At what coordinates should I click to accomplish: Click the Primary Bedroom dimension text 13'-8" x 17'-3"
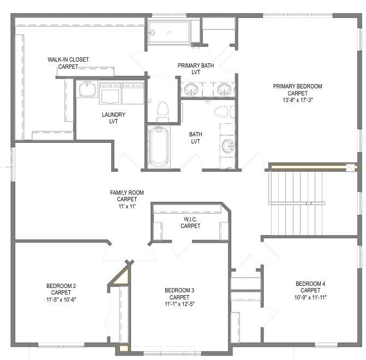[x=298, y=100]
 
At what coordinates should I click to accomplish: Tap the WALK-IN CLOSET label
[x=68, y=59]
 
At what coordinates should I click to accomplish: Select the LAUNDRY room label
[x=113, y=115]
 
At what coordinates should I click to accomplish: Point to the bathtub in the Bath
[x=159, y=147]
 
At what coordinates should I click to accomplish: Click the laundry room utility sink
[x=87, y=89]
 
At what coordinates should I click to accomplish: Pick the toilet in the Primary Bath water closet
[x=163, y=111]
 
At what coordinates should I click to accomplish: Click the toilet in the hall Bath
[x=225, y=112]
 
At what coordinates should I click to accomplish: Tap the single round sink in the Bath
[x=228, y=146]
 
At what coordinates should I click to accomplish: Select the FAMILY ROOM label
[x=127, y=193]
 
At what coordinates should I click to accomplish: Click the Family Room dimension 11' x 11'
[x=127, y=206]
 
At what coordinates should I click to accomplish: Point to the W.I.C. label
[x=190, y=219]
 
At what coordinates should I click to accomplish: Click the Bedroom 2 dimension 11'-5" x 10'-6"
[x=61, y=299]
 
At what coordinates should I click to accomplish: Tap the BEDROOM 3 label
[x=179, y=290]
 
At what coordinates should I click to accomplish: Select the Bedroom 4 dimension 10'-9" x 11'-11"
[x=310, y=297]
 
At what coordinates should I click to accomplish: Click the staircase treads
[x=296, y=203]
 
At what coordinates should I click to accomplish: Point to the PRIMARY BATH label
[x=196, y=65]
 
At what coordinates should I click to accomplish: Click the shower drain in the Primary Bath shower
[x=169, y=33]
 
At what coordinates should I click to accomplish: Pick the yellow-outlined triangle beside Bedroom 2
[x=122, y=277]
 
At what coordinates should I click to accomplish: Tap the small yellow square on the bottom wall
[x=124, y=349]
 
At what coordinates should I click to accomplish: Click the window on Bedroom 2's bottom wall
[x=61, y=345]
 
